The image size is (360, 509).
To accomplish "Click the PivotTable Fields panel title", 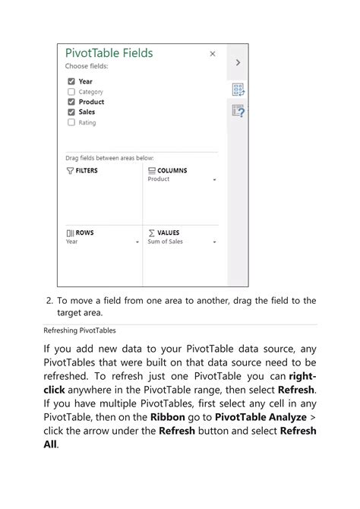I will click(109, 53).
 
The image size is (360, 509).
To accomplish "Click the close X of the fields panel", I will click(213, 54).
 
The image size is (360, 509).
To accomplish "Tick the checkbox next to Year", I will click(71, 81).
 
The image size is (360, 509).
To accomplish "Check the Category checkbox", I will click(71, 92).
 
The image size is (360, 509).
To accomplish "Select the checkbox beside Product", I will click(71, 102).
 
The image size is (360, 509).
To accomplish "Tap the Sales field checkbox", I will click(71, 112).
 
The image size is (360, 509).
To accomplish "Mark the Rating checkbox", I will click(71, 122).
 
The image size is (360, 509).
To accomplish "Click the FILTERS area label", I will click(82, 171).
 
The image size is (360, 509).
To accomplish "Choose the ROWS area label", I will click(80, 232).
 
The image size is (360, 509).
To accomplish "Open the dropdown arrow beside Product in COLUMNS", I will click(215, 180).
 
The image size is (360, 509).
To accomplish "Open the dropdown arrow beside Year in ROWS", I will click(137, 242).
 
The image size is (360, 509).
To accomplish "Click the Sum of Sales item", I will click(165, 242).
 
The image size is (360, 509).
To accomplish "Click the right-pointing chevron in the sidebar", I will click(238, 63).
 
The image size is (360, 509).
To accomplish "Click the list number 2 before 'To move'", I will click(49, 301).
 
